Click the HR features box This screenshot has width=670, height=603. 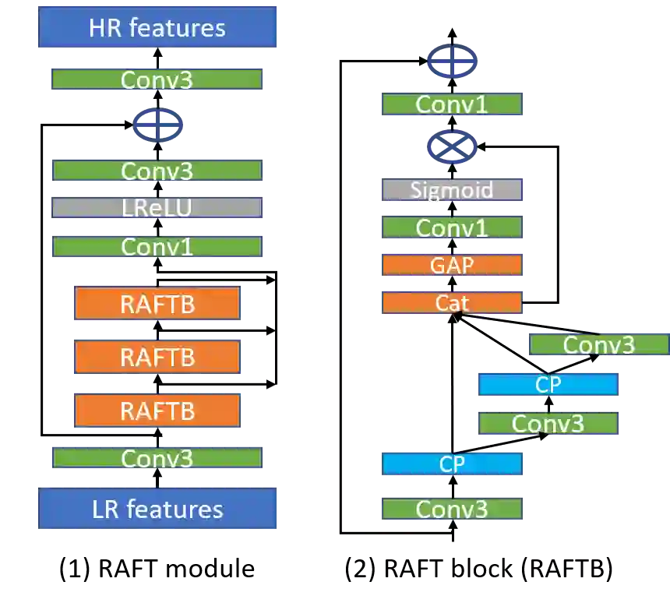158,28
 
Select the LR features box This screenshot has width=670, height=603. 158,509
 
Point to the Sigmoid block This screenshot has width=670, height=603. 452,190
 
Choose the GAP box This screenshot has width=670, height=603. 452,266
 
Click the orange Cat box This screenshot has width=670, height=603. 452,302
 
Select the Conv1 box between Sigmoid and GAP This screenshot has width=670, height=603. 452,227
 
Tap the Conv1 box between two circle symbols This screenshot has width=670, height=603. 452,104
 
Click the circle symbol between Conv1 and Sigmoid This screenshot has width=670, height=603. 452,146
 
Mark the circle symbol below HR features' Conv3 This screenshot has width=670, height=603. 158,124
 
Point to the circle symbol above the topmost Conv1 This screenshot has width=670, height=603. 452,62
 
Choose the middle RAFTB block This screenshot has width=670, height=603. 157,358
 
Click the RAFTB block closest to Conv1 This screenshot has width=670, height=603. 157,304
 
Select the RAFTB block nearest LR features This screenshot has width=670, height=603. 157,411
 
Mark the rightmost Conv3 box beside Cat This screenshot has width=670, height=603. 598,344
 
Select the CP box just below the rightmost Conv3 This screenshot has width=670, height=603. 548,384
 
